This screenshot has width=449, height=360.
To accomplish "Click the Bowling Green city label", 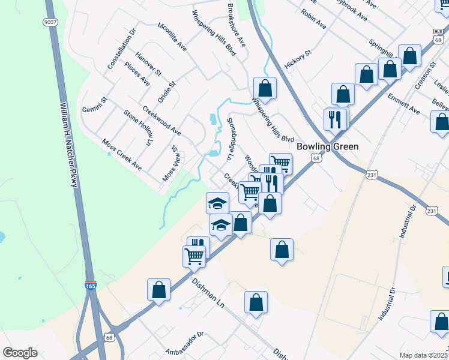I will pyautogui.click(x=328, y=146).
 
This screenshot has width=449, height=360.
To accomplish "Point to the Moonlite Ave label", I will pyautogui.click(x=172, y=37).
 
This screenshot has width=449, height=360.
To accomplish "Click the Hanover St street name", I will pyautogui.click(x=149, y=64).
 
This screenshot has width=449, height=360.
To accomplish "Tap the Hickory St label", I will pyautogui.click(x=300, y=61).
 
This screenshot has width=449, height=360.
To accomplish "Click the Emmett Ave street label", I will pyautogui.click(x=403, y=103).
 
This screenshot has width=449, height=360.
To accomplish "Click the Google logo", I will pyautogui.click(x=20, y=353).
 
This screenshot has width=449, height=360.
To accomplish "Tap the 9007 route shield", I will pyautogui.click(x=50, y=22).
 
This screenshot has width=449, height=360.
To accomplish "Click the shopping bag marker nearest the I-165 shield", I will pyautogui.click(x=158, y=290).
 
